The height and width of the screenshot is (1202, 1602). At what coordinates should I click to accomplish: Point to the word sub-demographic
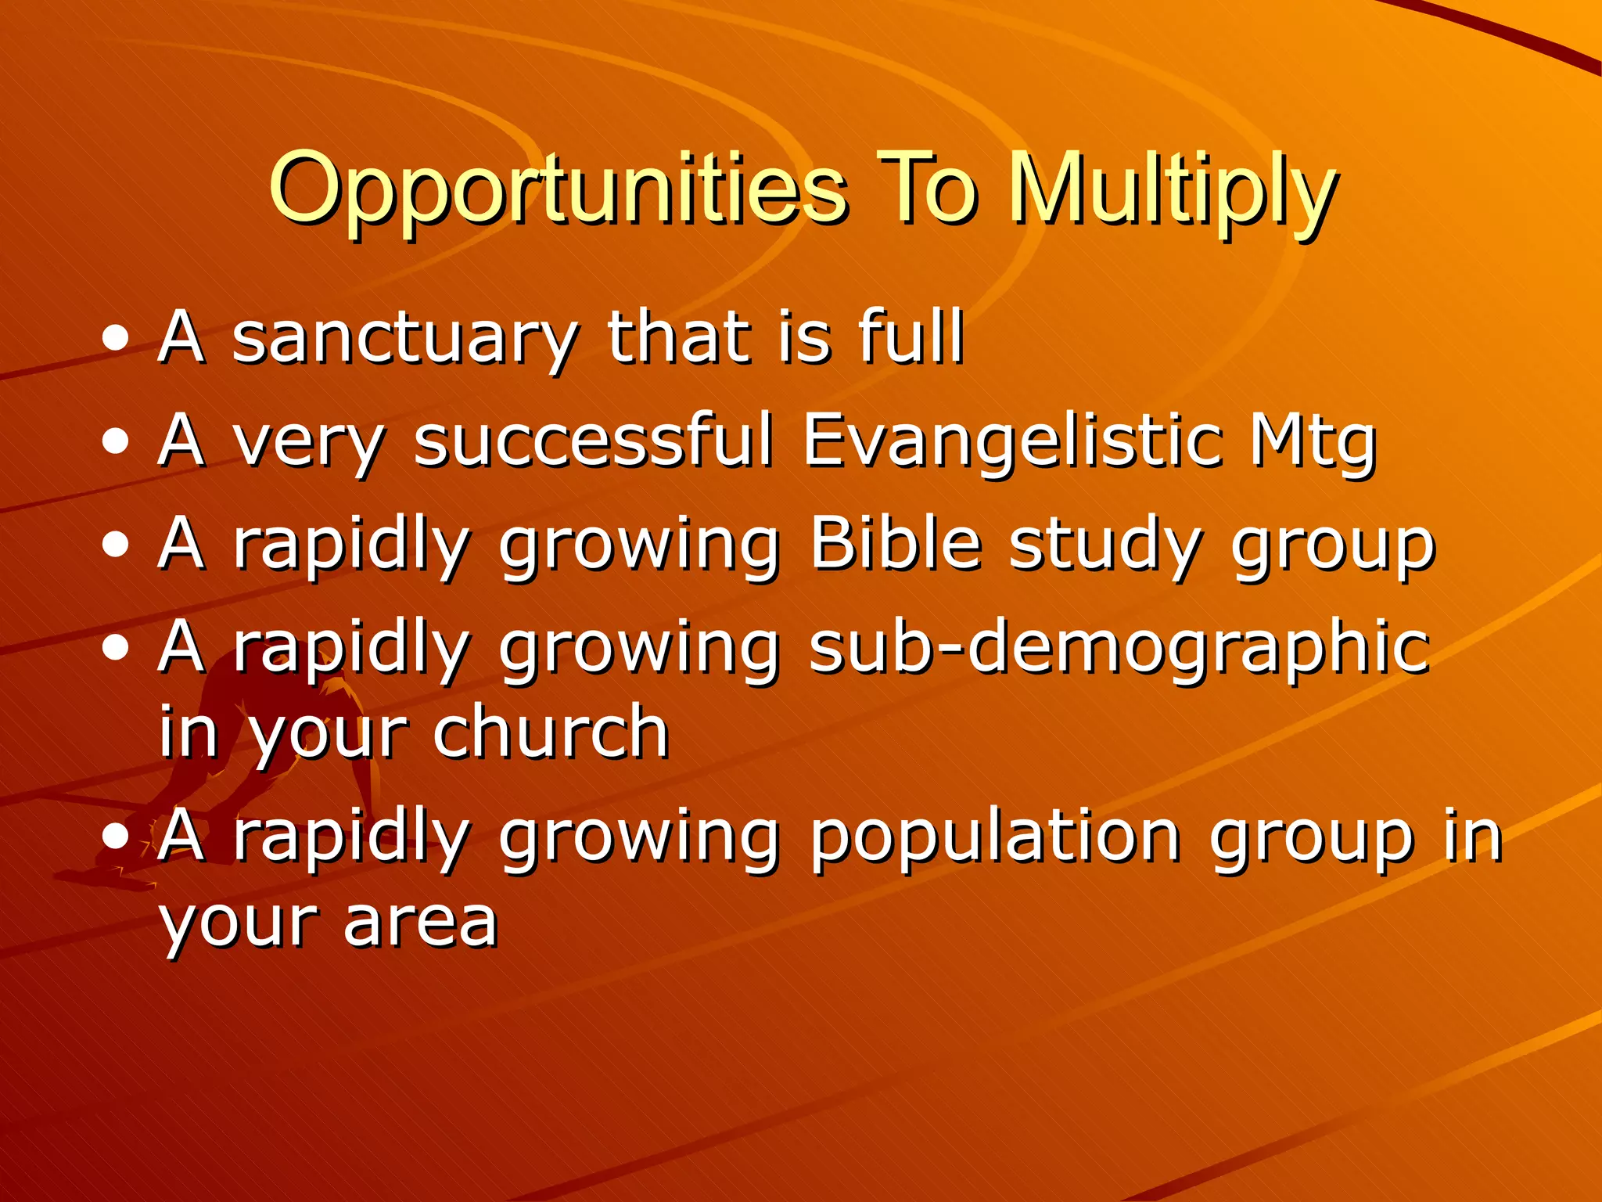pyautogui.click(x=1119, y=648)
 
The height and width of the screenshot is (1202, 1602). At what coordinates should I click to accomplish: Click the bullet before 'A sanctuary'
pyautogui.click(x=116, y=340)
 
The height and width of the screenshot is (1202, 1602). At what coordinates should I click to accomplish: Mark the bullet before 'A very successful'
pyautogui.click(x=116, y=442)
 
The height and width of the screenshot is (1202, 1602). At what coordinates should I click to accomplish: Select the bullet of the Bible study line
pyautogui.click(x=116, y=545)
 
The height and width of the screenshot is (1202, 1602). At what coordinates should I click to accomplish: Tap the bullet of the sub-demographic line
pyautogui.click(x=116, y=648)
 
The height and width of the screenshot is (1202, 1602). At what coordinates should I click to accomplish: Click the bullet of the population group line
pyautogui.click(x=116, y=836)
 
